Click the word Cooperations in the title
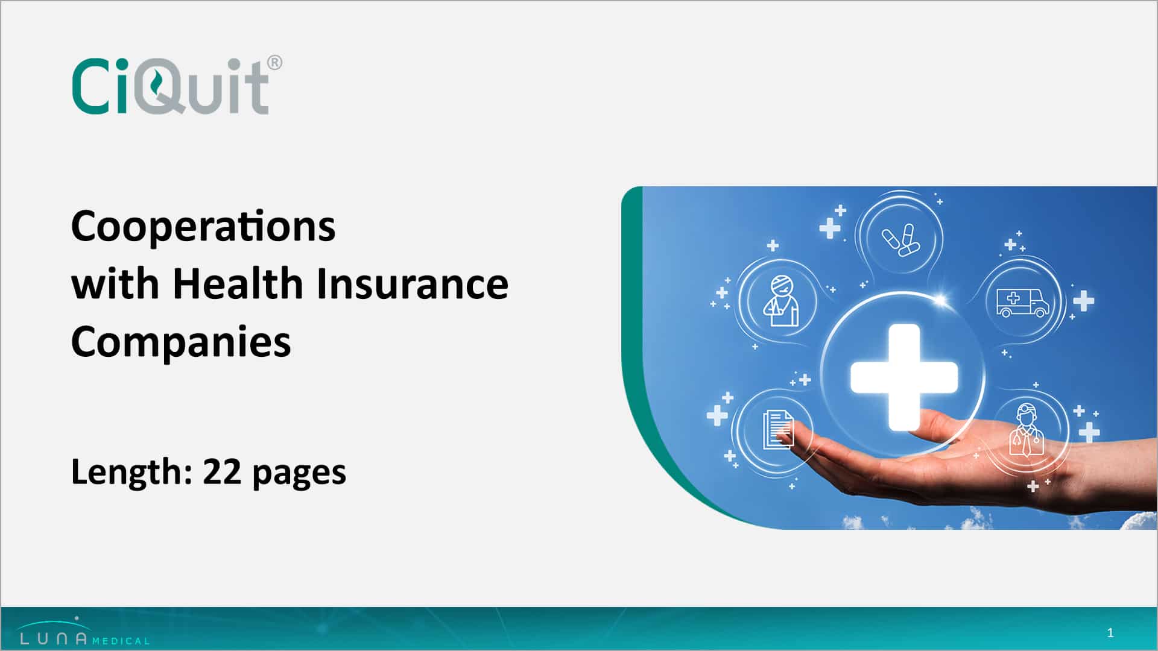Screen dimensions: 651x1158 click(203, 227)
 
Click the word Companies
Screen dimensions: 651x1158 click(181, 342)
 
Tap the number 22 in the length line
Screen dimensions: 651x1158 click(222, 471)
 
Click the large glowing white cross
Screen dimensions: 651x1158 click(903, 376)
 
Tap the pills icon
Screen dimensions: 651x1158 click(899, 240)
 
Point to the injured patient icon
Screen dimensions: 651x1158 click(780, 301)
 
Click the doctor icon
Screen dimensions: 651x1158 click(1026, 430)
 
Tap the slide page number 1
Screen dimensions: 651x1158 click(1110, 633)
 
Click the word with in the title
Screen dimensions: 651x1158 click(114, 284)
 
